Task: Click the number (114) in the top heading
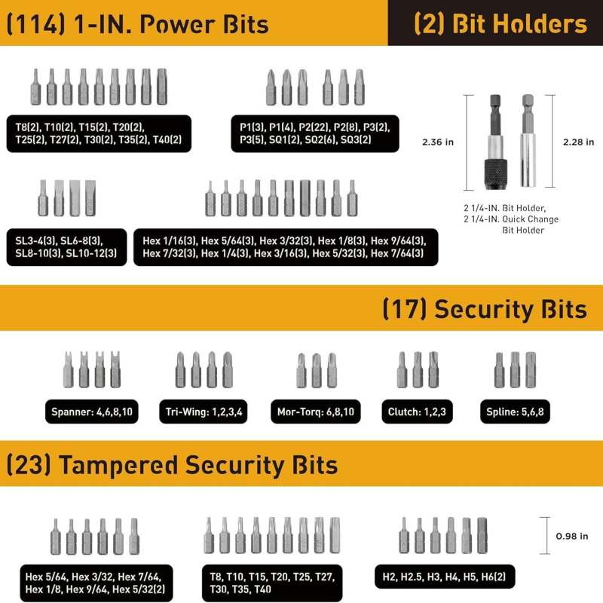(x=36, y=24)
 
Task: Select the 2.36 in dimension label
(x=438, y=142)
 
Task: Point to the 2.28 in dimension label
(x=578, y=142)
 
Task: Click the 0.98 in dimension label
(x=572, y=536)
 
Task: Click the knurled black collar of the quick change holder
(x=495, y=173)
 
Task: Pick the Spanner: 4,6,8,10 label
(x=91, y=412)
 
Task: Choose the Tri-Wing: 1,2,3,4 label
(x=204, y=412)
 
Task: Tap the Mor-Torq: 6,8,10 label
(x=315, y=412)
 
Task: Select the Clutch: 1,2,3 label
(x=417, y=412)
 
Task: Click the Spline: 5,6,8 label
(x=515, y=412)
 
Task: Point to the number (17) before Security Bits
(x=404, y=309)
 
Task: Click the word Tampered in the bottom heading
(x=118, y=465)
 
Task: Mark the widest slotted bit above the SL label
(x=90, y=198)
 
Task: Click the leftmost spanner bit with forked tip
(x=68, y=369)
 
